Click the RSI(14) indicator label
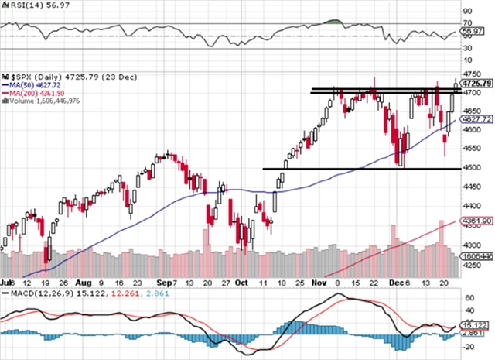pos(23,5)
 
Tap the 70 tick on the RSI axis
pos(466,23)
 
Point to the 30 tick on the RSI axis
pos(466,49)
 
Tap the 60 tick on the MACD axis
pos(466,297)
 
